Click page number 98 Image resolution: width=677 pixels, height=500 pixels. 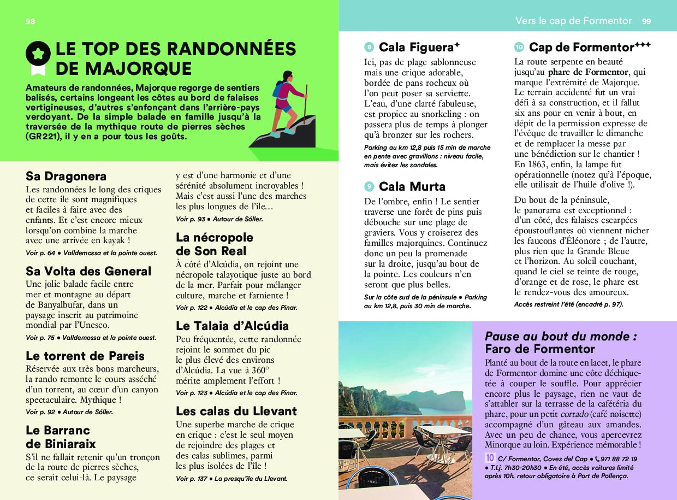tap(30, 21)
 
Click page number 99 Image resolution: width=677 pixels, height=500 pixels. tap(646, 21)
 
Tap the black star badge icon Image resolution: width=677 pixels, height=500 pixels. tap(38, 53)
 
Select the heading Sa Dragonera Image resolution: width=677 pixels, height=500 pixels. tap(66, 176)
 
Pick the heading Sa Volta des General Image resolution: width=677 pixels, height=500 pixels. tap(88, 271)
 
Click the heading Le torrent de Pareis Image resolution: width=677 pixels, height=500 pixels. tap(85, 356)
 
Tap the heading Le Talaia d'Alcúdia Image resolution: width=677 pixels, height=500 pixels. tap(232, 326)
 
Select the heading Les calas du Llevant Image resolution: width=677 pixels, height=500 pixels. tap(236, 411)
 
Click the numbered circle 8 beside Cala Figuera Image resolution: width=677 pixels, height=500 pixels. tap(369, 48)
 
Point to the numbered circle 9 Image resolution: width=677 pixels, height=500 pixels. tap(369, 187)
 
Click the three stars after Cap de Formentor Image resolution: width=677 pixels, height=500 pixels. tap(643, 45)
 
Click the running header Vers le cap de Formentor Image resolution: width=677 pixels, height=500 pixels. tap(573, 21)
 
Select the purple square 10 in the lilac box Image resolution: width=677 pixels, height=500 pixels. tap(490, 458)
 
